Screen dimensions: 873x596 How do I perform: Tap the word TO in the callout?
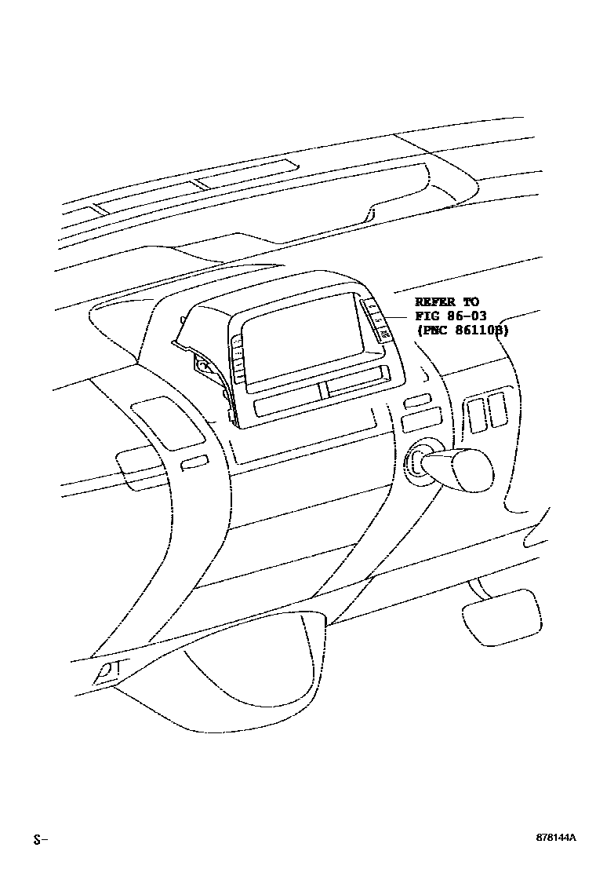pyautogui.click(x=471, y=302)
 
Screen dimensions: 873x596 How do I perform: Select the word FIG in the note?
pyautogui.click(x=427, y=316)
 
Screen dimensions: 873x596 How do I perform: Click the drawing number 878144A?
pyautogui.click(x=555, y=838)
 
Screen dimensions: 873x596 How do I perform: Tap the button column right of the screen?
pyautogui.click(x=377, y=321)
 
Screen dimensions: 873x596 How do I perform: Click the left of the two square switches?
pyautogui.click(x=474, y=413)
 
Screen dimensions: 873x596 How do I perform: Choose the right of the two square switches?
pyautogui.click(x=496, y=411)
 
